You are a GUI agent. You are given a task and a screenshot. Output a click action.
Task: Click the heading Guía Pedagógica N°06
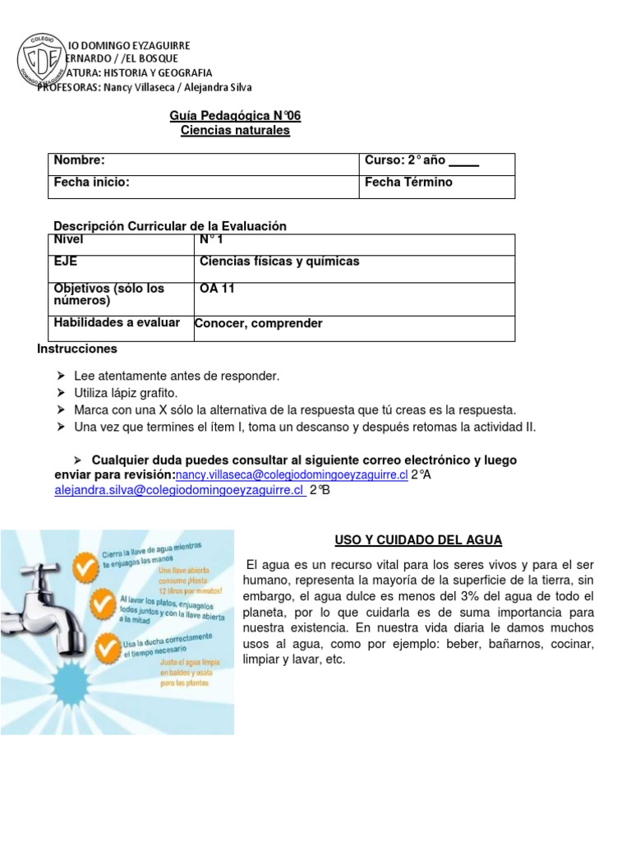[235, 116]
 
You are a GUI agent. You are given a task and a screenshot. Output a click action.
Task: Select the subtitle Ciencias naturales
[235, 130]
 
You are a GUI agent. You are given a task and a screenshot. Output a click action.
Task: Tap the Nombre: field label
[79, 160]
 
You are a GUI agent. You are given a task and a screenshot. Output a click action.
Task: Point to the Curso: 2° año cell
[421, 160]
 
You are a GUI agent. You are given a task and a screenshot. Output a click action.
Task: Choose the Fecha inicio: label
[91, 182]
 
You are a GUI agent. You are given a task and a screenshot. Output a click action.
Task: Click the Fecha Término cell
[408, 182]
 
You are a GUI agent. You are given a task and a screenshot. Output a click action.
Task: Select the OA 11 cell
[217, 289]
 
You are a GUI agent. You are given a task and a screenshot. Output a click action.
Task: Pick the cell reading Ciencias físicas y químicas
[279, 261]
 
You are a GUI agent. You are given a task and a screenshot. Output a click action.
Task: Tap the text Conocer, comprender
[258, 323]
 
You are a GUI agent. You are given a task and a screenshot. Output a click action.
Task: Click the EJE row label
[66, 261]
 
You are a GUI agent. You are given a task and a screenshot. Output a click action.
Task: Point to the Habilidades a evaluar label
[116, 322]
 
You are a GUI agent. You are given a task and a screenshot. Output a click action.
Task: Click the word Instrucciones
[77, 349]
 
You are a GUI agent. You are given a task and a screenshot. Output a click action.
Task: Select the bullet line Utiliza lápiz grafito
[125, 392]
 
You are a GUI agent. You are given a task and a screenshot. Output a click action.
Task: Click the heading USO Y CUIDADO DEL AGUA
[418, 539]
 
